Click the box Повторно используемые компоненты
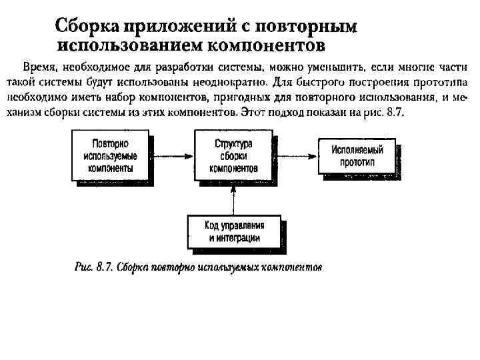pos(110,156)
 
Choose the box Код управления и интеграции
pos(233,231)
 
